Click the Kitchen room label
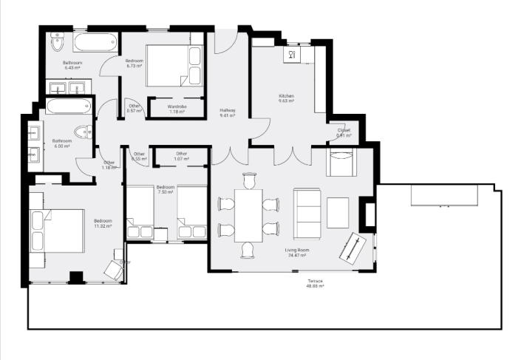[x=286, y=96]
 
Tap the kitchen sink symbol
[x=292, y=54]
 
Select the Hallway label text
[x=227, y=110]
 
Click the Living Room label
[x=297, y=250]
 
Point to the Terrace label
[x=316, y=281]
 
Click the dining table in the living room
[x=248, y=214]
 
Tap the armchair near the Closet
[x=343, y=162]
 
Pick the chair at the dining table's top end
[x=248, y=180]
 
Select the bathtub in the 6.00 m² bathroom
[x=68, y=106]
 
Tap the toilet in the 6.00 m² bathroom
[x=84, y=133]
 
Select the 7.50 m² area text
[x=164, y=193]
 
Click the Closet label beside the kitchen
[x=344, y=130]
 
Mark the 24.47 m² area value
[x=297, y=255]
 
